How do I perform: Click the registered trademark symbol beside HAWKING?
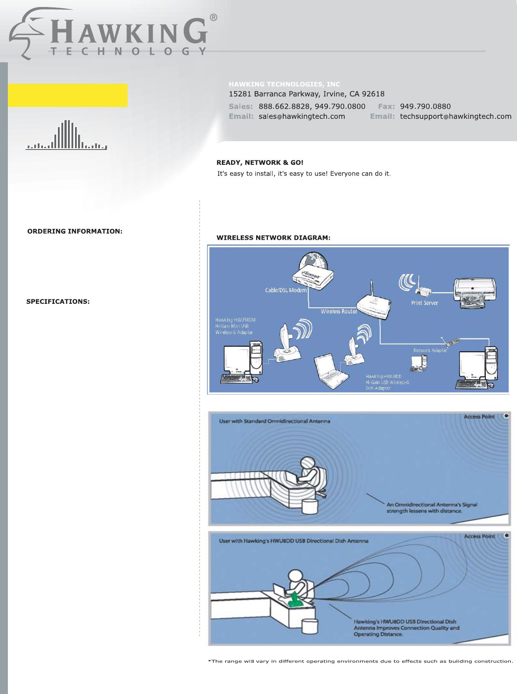213,18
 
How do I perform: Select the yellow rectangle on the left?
68,95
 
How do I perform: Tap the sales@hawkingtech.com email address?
302,117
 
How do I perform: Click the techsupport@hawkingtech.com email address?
456,117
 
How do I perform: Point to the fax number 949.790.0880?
425,107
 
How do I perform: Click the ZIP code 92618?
373,94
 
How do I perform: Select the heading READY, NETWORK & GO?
260,163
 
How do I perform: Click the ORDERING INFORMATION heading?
75,231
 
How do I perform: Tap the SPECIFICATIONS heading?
58,302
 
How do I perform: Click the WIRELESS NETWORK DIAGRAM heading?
273,238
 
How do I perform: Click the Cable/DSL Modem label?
286,290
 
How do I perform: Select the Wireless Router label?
339,312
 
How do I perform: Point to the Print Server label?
424,303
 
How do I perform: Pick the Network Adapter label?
430,350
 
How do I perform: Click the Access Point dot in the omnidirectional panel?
506,416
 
